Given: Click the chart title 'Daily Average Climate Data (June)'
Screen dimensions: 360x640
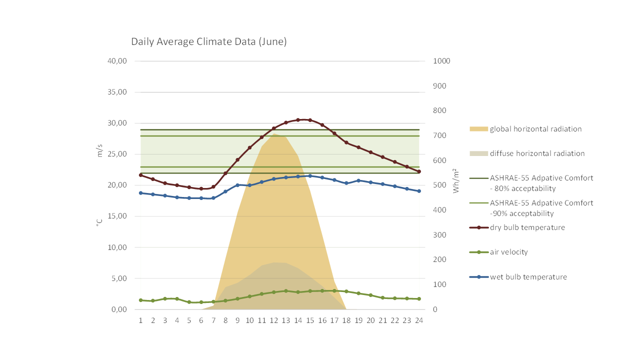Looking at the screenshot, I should pos(209,42).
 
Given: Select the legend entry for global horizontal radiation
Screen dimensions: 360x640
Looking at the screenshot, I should pos(535,129).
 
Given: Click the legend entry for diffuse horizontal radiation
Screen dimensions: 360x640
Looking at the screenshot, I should pos(537,153).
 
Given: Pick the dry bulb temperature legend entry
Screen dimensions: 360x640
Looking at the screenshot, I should pos(527,227).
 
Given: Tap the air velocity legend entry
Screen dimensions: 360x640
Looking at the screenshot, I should pos(508,252).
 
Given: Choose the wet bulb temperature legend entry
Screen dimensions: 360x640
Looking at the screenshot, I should pos(528,277).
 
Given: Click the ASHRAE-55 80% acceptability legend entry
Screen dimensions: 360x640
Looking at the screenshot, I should pos(541,183).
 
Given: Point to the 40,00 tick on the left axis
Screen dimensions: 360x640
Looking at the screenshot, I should pos(117,61).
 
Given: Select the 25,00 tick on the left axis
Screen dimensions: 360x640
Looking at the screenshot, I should pos(117,154).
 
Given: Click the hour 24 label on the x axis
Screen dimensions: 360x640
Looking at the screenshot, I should pos(419,320).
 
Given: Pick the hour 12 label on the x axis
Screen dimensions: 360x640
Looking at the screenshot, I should pos(273,320).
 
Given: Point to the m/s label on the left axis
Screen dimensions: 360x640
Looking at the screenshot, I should pos(99,150).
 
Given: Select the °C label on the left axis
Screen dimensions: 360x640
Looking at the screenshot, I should pos(99,221).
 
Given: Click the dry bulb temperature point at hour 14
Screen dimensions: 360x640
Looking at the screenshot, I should pos(298,120).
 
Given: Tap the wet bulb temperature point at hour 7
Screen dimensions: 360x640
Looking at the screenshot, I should pos(213,198).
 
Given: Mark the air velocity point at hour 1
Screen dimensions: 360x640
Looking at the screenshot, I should pos(140,300).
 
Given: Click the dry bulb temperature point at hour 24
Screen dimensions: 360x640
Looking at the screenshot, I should pos(419,171).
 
